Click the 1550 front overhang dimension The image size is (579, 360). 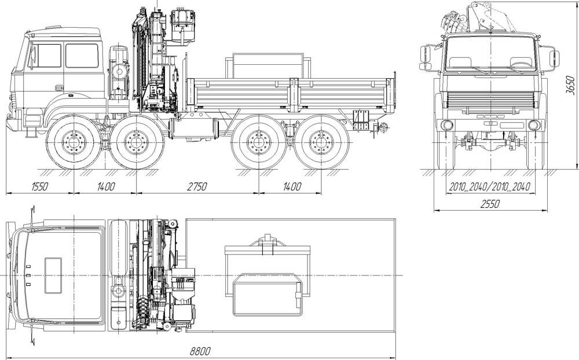[x=39, y=186]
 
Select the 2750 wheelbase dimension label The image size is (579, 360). [x=196, y=186]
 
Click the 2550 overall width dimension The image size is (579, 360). [x=490, y=204]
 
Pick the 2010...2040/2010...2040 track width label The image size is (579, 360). [x=490, y=186]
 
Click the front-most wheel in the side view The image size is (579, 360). [x=74, y=142]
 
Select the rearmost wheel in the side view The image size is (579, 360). [x=321, y=142]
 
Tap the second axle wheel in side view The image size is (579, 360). [x=137, y=142]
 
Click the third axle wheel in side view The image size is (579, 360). [x=258, y=142]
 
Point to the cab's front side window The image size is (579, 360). [x=45, y=56]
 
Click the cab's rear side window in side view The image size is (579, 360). [x=82, y=56]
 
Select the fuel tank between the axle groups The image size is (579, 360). [x=193, y=128]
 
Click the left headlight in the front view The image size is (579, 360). [x=447, y=125]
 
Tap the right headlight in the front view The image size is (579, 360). [x=534, y=125]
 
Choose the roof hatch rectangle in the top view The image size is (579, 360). [x=53, y=275]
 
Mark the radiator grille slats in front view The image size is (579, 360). [x=490, y=100]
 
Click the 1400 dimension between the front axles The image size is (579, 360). [x=106, y=186]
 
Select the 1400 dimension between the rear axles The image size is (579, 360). [x=292, y=186]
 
